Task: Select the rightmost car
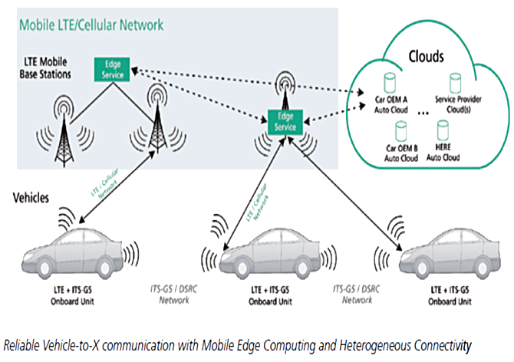[x=453, y=254]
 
